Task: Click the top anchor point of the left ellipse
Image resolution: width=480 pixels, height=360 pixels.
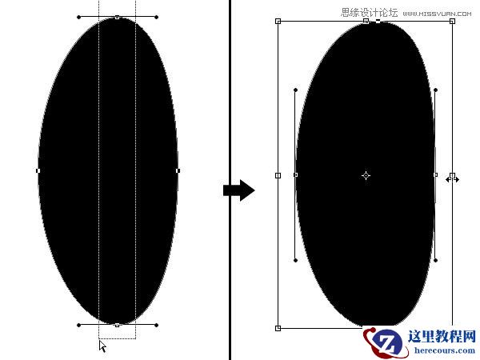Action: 117,17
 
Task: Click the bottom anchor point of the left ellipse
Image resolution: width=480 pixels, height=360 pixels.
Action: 117,325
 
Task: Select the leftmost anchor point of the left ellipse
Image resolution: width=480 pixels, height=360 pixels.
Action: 38,170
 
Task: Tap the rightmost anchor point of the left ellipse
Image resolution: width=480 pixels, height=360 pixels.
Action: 178,170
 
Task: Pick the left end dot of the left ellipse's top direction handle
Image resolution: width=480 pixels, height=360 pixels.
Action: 78,17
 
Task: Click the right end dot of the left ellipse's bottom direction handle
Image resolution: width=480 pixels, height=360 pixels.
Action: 157,325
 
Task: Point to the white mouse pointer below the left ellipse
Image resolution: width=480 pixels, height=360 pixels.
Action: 102,346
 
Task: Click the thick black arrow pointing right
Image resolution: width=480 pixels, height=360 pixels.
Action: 238,190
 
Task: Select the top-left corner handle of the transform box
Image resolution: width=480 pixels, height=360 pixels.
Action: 278,21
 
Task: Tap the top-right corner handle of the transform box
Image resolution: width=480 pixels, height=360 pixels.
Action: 453,21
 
